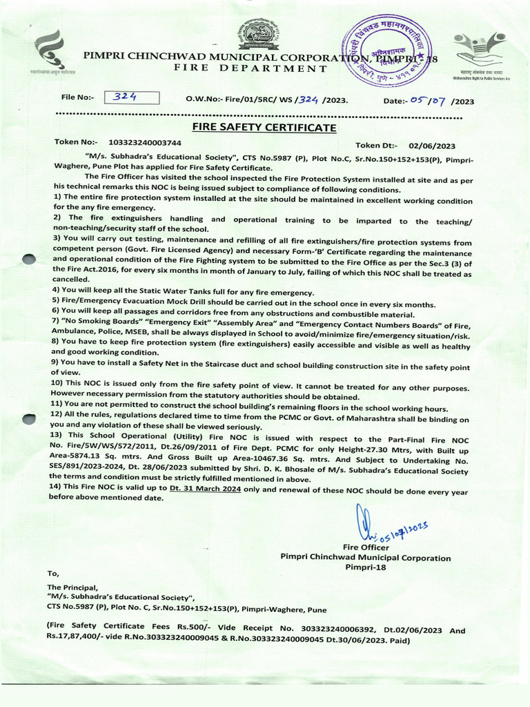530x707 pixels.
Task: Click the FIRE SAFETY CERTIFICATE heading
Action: click(254, 128)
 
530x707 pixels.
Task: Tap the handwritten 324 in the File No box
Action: click(126, 98)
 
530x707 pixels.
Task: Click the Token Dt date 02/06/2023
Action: click(432, 146)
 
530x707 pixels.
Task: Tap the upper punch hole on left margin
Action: click(28, 260)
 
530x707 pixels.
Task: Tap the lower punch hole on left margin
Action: click(28, 419)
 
